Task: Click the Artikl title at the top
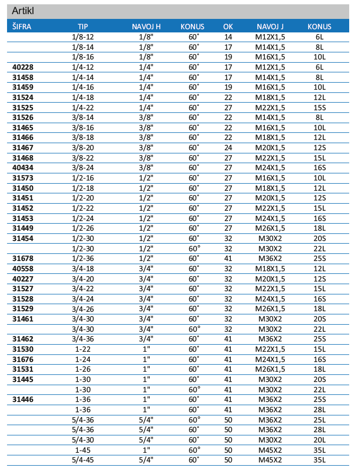[24, 11]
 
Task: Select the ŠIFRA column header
[22, 26]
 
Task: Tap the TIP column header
[83, 26]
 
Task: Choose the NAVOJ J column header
[270, 26]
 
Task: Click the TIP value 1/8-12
[83, 37]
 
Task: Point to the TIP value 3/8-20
[83, 147]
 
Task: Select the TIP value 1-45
[83, 450]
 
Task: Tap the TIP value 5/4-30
[83, 440]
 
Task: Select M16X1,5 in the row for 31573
[270, 178]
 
